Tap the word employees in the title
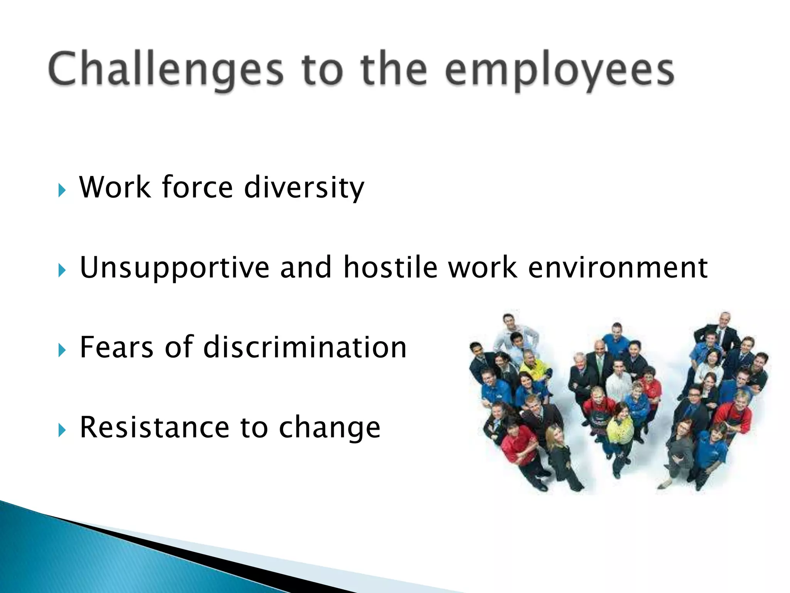(559, 71)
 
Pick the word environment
(617, 268)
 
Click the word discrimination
(305, 347)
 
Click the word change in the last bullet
(329, 428)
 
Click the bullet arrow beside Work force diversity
(62, 190)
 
